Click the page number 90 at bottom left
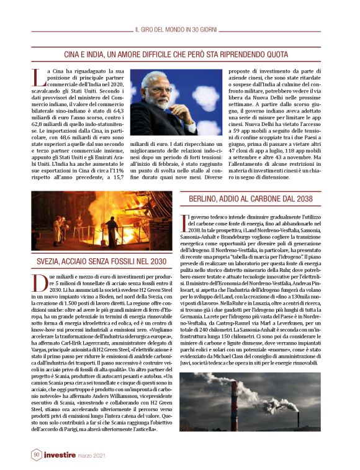[37, 454]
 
